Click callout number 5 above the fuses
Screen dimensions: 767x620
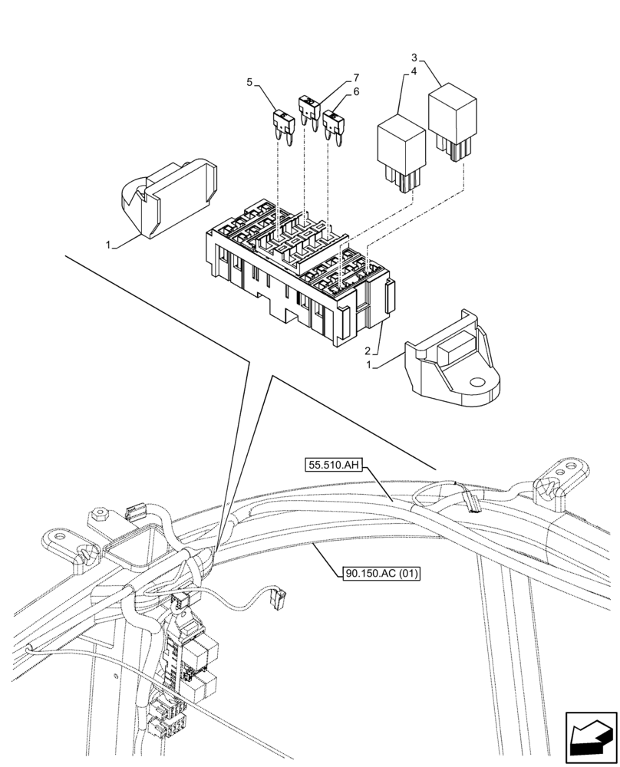pos(249,81)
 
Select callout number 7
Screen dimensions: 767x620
pos(356,78)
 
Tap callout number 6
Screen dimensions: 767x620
pos(356,91)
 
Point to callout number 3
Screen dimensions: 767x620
pos(414,58)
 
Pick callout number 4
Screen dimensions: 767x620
pos(414,71)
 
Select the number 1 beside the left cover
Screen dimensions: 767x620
pos(110,244)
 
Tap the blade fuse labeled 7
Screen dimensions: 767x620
pos(308,108)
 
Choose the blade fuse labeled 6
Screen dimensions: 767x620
pos(334,123)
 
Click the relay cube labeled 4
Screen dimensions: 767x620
pos(400,150)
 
